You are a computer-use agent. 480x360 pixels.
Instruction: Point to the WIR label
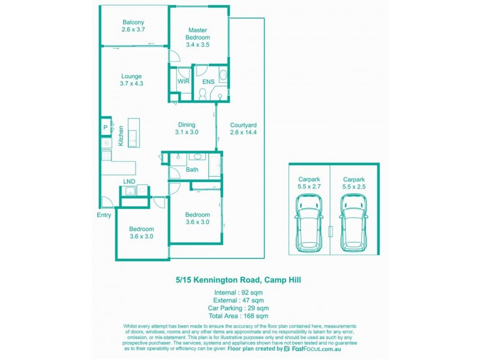(x=183, y=81)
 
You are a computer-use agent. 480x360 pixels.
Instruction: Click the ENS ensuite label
(x=208, y=81)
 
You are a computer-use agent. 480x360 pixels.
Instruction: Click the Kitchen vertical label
(x=121, y=136)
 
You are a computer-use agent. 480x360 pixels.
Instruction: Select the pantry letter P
(x=105, y=127)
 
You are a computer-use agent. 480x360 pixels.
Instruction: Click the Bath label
(x=192, y=170)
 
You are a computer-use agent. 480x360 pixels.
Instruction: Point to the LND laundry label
(x=129, y=181)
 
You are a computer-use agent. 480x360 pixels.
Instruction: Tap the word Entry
(x=104, y=215)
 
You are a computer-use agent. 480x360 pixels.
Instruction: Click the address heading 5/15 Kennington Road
(x=238, y=280)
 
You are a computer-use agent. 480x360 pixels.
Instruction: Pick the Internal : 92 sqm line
(x=238, y=292)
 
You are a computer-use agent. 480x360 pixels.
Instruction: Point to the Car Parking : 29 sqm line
(x=238, y=308)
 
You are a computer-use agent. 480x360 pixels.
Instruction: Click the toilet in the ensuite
(x=203, y=94)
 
